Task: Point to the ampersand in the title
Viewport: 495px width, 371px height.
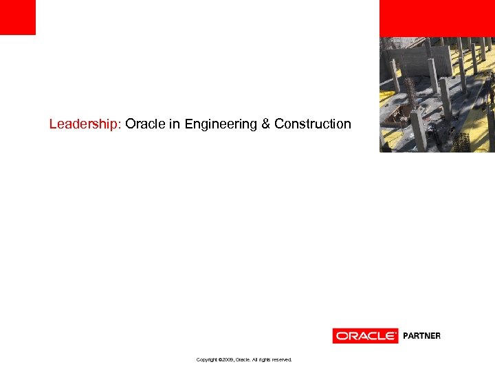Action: tap(265, 124)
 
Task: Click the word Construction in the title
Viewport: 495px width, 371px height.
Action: tap(313, 124)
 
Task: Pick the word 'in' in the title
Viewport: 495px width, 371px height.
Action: tap(175, 124)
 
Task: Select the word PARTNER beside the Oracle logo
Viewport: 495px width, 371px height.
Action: tap(421, 336)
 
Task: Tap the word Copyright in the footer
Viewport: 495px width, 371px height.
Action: tap(207, 359)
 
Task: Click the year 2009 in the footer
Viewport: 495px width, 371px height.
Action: tap(228, 359)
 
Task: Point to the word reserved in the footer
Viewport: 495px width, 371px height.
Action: tap(280, 359)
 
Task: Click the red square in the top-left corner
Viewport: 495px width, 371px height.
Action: tap(17, 17)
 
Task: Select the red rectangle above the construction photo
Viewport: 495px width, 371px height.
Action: tap(437, 18)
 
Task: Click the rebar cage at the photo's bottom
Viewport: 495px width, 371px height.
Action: tap(461, 142)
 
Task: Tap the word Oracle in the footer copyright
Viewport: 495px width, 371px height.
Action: tap(243, 359)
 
